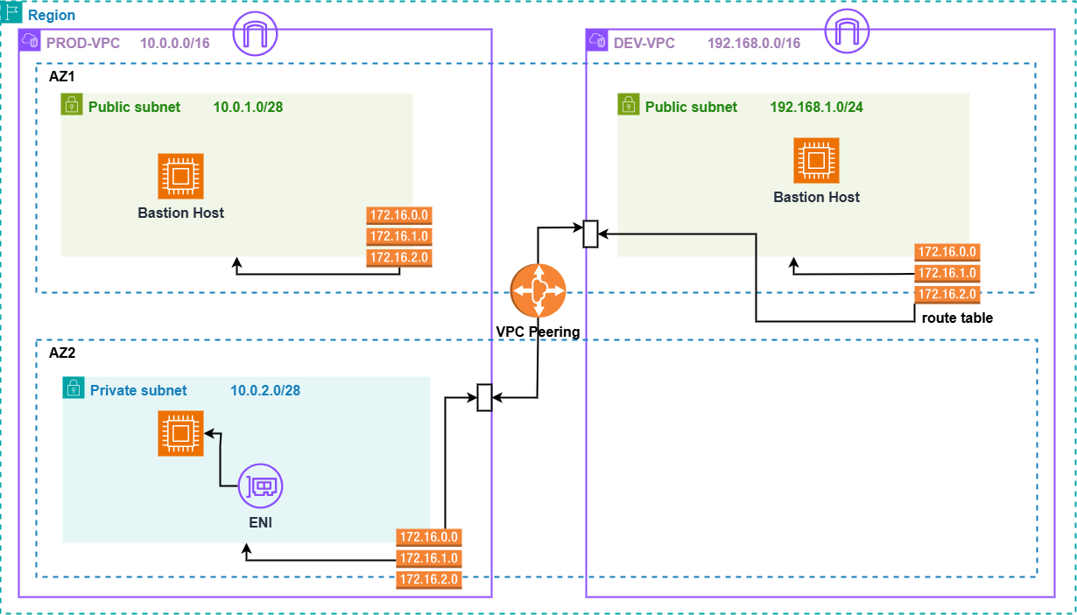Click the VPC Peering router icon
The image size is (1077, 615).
tap(538, 292)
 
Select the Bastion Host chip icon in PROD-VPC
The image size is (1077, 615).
tap(180, 176)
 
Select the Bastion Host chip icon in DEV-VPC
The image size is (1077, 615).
tap(816, 160)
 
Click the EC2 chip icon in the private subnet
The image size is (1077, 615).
tap(180, 434)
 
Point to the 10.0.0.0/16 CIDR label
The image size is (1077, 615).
tap(174, 43)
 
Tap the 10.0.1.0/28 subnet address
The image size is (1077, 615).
tap(248, 107)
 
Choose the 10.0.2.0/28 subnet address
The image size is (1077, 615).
tap(265, 390)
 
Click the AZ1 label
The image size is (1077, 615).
tap(62, 76)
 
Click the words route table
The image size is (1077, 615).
tap(957, 318)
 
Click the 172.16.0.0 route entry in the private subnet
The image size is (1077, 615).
tap(429, 537)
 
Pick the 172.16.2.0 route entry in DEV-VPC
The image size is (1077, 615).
tap(946, 294)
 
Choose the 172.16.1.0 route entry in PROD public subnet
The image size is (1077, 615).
tap(399, 236)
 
